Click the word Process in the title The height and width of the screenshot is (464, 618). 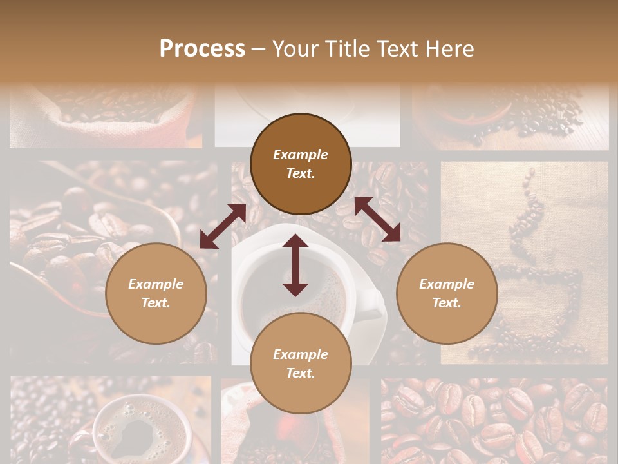click(x=202, y=49)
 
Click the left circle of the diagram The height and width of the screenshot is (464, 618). click(x=156, y=294)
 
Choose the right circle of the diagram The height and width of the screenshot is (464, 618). click(x=447, y=294)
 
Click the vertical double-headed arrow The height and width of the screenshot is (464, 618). click(x=295, y=265)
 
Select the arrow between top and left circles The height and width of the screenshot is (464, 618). click(x=223, y=226)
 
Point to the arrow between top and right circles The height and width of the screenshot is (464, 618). click(x=377, y=219)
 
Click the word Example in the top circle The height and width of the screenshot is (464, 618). click(x=301, y=155)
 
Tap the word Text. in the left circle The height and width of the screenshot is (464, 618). click(x=156, y=303)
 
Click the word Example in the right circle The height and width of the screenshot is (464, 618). click(x=447, y=284)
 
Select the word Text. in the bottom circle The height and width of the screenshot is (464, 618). click(x=301, y=373)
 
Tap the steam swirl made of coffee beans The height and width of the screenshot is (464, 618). click(x=525, y=213)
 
